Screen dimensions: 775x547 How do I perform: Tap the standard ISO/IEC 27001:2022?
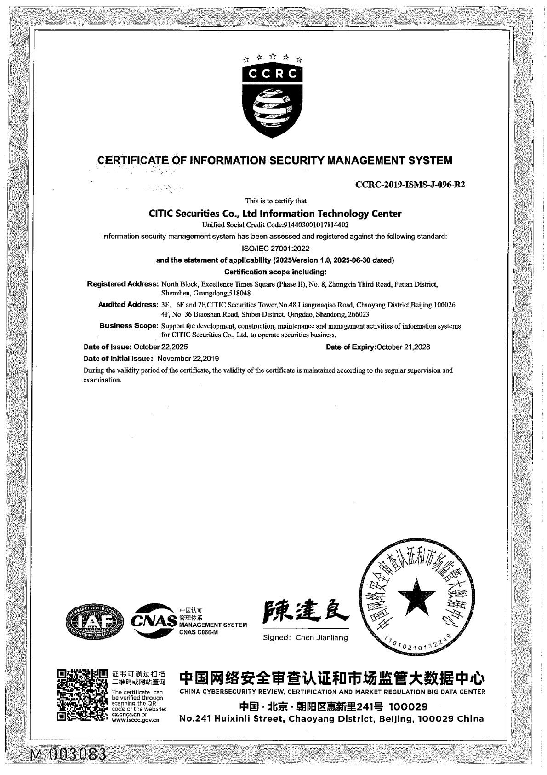click(275, 248)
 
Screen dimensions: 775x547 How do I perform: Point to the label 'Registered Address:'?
click(123, 284)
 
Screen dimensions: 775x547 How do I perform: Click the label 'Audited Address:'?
click(128, 305)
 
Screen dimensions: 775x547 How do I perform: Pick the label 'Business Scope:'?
click(129, 326)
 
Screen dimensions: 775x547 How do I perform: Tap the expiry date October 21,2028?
click(403, 347)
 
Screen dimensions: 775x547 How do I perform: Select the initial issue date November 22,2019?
click(188, 359)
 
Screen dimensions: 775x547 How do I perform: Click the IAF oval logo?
click(95, 622)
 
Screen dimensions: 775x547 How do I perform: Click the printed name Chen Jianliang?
click(322, 637)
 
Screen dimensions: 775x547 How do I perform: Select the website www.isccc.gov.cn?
click(136, 720)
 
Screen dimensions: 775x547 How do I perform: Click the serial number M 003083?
click(68, 755)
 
